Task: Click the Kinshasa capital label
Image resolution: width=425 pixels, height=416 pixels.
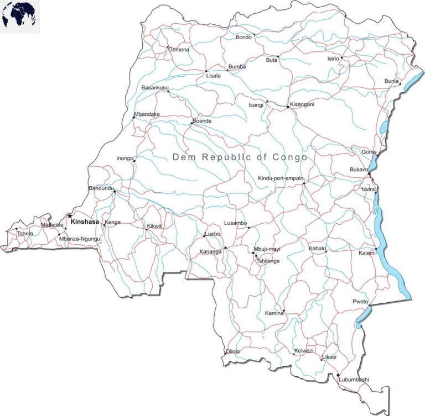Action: point(85,222)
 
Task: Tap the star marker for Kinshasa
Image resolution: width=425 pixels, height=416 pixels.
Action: point(69,215)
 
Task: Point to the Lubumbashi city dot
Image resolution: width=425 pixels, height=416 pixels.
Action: point(338,375)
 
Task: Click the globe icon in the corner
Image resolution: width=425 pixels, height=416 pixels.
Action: point(20,15)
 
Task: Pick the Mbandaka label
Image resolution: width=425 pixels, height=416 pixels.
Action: point(147,115)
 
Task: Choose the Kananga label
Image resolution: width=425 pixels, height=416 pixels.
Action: point(210,252)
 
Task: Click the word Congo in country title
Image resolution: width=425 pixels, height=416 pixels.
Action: point(289,157)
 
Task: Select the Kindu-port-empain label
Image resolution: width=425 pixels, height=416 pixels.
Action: point(281,178)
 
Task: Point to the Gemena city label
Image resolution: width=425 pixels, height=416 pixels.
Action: point(179,50)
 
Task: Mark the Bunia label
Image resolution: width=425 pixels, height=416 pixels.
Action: point(392,82)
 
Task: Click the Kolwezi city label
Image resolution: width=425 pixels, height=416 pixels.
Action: point(304,351)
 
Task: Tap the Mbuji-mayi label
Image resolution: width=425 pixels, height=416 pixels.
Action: point(267,250)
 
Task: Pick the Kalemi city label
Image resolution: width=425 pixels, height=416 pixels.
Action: point(367,253)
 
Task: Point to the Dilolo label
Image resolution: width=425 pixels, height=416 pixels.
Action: point(233,351)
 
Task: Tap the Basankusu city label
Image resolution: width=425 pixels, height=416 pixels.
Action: point(156,88)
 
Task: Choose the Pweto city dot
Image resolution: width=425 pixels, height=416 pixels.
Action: point(369,304)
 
